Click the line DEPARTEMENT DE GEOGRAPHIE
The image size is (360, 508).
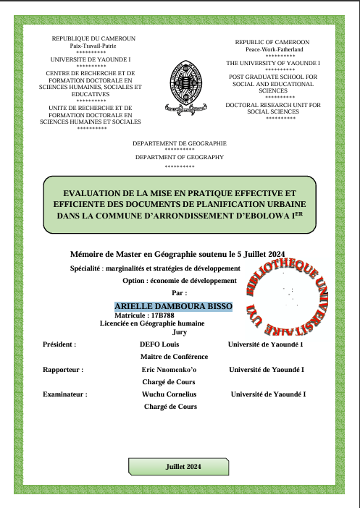pyautogui.click(x=179, y=143)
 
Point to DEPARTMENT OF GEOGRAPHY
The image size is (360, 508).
pyautogui.click(x=179, y=157)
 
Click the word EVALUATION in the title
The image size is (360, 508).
pyautogui.click(x=93, y=193)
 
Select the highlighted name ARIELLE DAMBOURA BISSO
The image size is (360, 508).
pyautogui.click(x=173, y=307)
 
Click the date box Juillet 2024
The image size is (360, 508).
pyautogui.click(x=183, y=467)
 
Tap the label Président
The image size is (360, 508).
pyautogui.click(x=59, y=344)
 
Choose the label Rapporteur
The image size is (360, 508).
pyautogui.click(x=63, y=370)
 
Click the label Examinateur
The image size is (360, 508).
pyautogui.click(x=65, y=394)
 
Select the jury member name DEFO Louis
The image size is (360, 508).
pyautogui.click(x=159, y=344)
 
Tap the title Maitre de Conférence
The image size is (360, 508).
pyautogui.click(x=174, y=357)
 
